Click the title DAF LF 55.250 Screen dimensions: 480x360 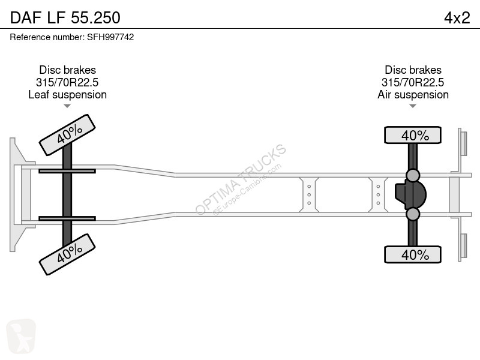pos(65,18)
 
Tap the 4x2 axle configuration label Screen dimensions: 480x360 pos(457,18)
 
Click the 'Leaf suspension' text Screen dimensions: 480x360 pos(67,95)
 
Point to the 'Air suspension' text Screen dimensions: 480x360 pos(413,95)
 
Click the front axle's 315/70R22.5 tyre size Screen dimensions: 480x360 pos(67,82)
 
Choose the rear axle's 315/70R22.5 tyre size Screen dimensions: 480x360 pos(413,82)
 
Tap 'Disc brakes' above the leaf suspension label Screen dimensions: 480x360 pos(67,70)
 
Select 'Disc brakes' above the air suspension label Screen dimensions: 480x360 pos(413,70)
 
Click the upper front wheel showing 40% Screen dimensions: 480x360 pos(67,135)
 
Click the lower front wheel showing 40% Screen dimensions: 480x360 pos(67,254)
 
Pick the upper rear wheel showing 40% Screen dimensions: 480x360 pos(413,135)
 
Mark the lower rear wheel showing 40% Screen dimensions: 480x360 pos(413,254)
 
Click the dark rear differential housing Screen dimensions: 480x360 pos(410,194)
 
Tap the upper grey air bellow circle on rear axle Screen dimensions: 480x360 pos(413,175)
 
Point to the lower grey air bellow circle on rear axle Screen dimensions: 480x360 pos(413,214)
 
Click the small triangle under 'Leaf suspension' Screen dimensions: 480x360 pos(67,106)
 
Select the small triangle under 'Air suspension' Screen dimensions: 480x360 pos(413,106)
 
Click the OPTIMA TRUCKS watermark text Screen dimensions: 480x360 pos(241,179)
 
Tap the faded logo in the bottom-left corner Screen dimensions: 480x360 pos(21,336)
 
